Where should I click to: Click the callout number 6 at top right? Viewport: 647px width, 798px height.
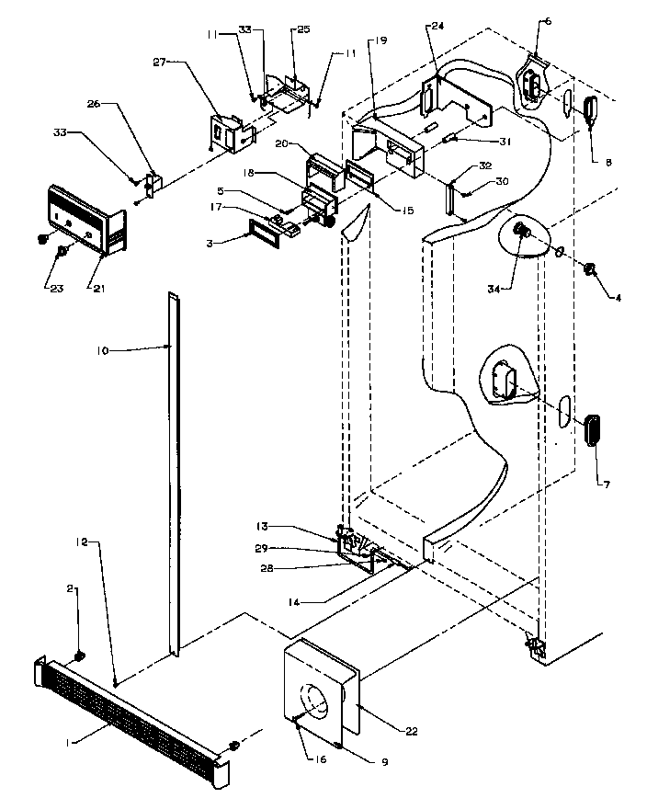pos(549,21)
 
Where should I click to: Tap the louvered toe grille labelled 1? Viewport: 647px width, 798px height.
pos(129,716)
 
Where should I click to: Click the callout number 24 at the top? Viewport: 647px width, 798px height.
pos(436,27)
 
